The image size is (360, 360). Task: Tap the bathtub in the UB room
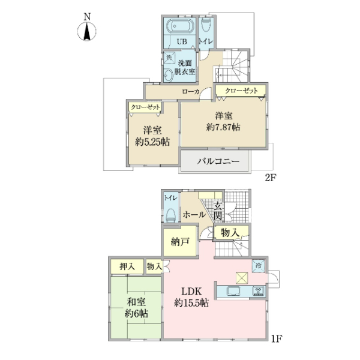coord(178,27)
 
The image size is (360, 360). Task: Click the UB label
coord(182,41)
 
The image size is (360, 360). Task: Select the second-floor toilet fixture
coord(206,25)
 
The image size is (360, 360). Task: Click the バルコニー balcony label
coord(219,162)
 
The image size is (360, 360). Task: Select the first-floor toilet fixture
coord(170,212)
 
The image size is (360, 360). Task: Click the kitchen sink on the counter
coord(233,292)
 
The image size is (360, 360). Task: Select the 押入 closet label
coord(126,266)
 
